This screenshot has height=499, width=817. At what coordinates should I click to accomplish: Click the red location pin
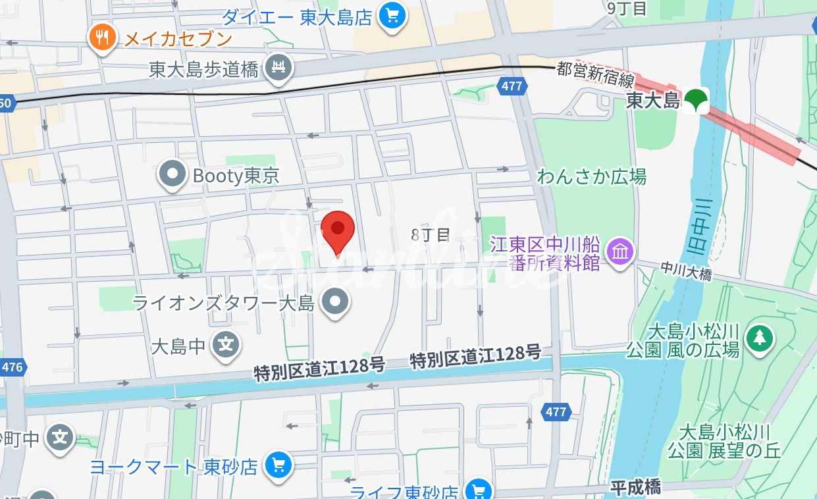(338, 231)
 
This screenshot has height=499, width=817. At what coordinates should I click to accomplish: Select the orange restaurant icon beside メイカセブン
(102, 37)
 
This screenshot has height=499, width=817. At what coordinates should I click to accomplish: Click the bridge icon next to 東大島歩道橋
(278, 67)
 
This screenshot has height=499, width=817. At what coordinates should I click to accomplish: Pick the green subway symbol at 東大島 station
(695, 100)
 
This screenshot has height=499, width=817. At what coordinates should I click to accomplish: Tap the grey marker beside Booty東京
(173, 175)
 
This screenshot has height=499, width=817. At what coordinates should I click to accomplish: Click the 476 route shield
(11, 367)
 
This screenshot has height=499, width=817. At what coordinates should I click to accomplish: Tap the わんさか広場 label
(591, 176)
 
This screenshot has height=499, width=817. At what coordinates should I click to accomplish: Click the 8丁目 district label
(430, 235)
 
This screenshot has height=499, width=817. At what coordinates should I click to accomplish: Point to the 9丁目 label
(627, 8)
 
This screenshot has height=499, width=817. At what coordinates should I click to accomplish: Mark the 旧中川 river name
(698, 227)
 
